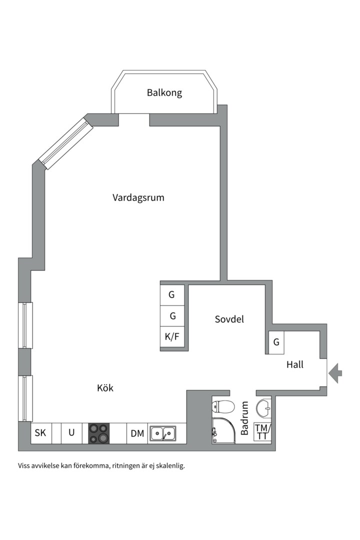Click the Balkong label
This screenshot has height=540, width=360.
tap(164, 92)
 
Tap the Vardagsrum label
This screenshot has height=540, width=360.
tap(138, 197)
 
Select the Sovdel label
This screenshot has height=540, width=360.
tap(229, 319)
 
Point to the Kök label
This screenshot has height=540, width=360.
tap(105, 387)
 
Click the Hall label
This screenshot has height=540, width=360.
tap(294, 364)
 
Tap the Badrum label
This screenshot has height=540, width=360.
tap(244, 418)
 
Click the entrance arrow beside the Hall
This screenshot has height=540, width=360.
tap(335, 372)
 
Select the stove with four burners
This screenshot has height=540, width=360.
tap(99, 433)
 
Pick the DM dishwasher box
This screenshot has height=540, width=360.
tap(137, 433)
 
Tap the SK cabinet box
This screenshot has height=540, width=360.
tap(40, 433)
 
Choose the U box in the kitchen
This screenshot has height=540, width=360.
tap(71, 433)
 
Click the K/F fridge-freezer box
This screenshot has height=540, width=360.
tap(172, 337)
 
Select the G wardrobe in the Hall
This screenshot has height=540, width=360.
tap(276, 342)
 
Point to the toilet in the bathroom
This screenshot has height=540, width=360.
tap(223, 406)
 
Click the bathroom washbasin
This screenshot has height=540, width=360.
tap(263, 408)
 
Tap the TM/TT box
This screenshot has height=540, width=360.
tap(262, 432)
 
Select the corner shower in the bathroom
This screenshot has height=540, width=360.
tap(223, 431)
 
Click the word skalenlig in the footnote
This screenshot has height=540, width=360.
tap(170, 465)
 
